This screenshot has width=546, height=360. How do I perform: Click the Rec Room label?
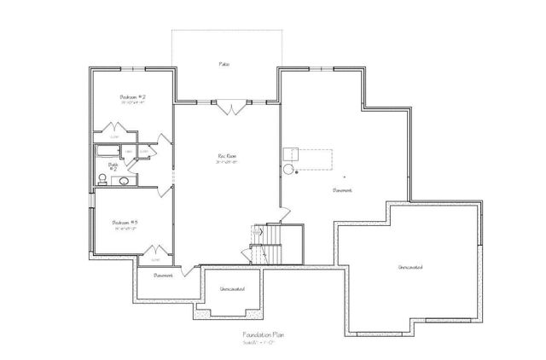tap(226, 156)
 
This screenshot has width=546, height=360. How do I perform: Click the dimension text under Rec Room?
tap(226, 162)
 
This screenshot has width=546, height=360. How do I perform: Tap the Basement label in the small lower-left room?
tap(164, 276)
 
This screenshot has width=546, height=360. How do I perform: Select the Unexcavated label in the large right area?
tap(410, 268)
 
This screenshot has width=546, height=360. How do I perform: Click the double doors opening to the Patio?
tap(228, 108)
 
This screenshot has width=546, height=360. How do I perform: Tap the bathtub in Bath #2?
tap(107, 152)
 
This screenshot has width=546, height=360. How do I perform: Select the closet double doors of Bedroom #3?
tap(155, 252)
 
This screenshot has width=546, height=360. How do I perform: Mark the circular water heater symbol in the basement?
tap(288, 169)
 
